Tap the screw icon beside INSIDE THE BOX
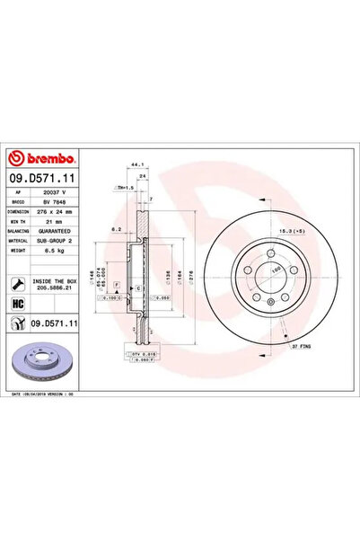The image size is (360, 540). [19, 284]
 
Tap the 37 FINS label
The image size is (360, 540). [301, 345]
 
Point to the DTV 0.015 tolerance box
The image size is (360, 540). [147, 355]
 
